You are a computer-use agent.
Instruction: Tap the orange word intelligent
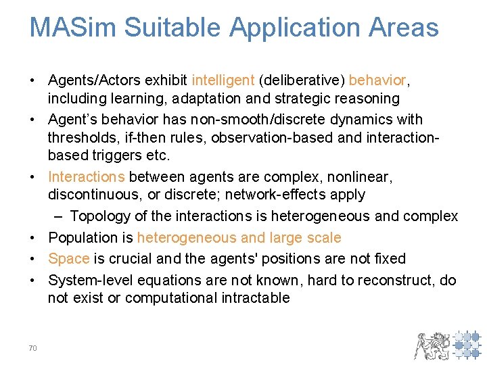point(223,81)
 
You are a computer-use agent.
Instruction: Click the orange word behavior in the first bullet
point(377,81)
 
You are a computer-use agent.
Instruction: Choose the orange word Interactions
point(86,177)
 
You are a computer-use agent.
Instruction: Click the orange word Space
point(68,259)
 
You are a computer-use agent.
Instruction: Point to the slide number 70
point(32,348)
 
